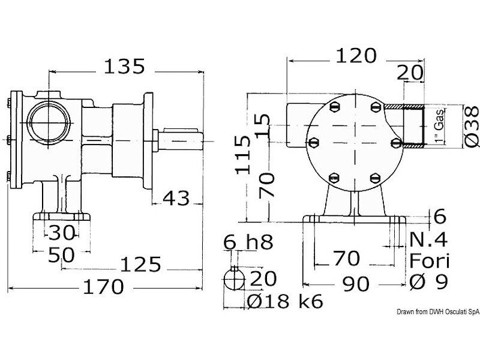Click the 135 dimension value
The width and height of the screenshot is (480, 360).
click(x=124, y=67)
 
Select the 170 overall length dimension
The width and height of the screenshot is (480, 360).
click(x=103, y=287)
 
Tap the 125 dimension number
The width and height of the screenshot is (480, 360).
click(x=140, y=265)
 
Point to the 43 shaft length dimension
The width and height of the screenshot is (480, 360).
click(x=176, y=198)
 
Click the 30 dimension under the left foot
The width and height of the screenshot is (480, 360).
click(x=62, y=232)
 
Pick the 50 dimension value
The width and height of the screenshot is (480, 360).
click(x=61, y=255)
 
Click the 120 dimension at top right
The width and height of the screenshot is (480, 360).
click(x=356, y=56)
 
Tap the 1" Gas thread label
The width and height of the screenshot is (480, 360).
click(x=439, y=125)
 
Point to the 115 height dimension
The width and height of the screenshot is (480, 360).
click(x=243, y=155)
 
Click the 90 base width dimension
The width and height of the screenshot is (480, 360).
click(x=356, y=284)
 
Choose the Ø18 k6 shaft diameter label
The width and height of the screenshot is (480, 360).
click(x=285, y=301)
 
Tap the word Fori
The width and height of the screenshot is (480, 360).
click(x=429, y=261)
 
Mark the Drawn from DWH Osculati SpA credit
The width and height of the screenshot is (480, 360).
click(x=438, y=312)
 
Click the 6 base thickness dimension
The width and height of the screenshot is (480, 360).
click(x=440, y=217)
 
